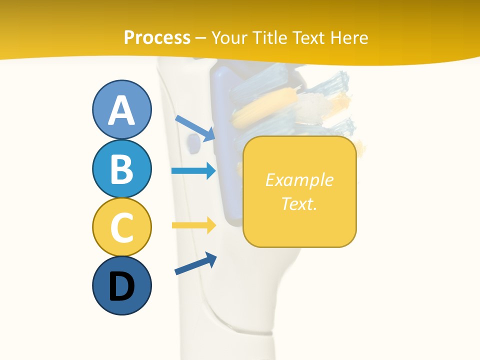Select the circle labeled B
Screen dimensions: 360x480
(121, 168)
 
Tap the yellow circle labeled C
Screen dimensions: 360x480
(121, 226)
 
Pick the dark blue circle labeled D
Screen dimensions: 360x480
(121, 286)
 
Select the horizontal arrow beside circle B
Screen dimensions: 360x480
(193, 171)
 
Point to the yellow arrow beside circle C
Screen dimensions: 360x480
(193, 225)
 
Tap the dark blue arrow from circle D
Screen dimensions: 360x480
(195, 263)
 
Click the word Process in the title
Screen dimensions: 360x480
(157, 37)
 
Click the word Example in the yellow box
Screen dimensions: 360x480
(299, 180)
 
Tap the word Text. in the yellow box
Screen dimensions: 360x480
(299, 203)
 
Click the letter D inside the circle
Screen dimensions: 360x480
(121, 287)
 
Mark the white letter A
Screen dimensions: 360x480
(121, 110)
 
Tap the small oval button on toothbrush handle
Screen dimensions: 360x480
(191, 143)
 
